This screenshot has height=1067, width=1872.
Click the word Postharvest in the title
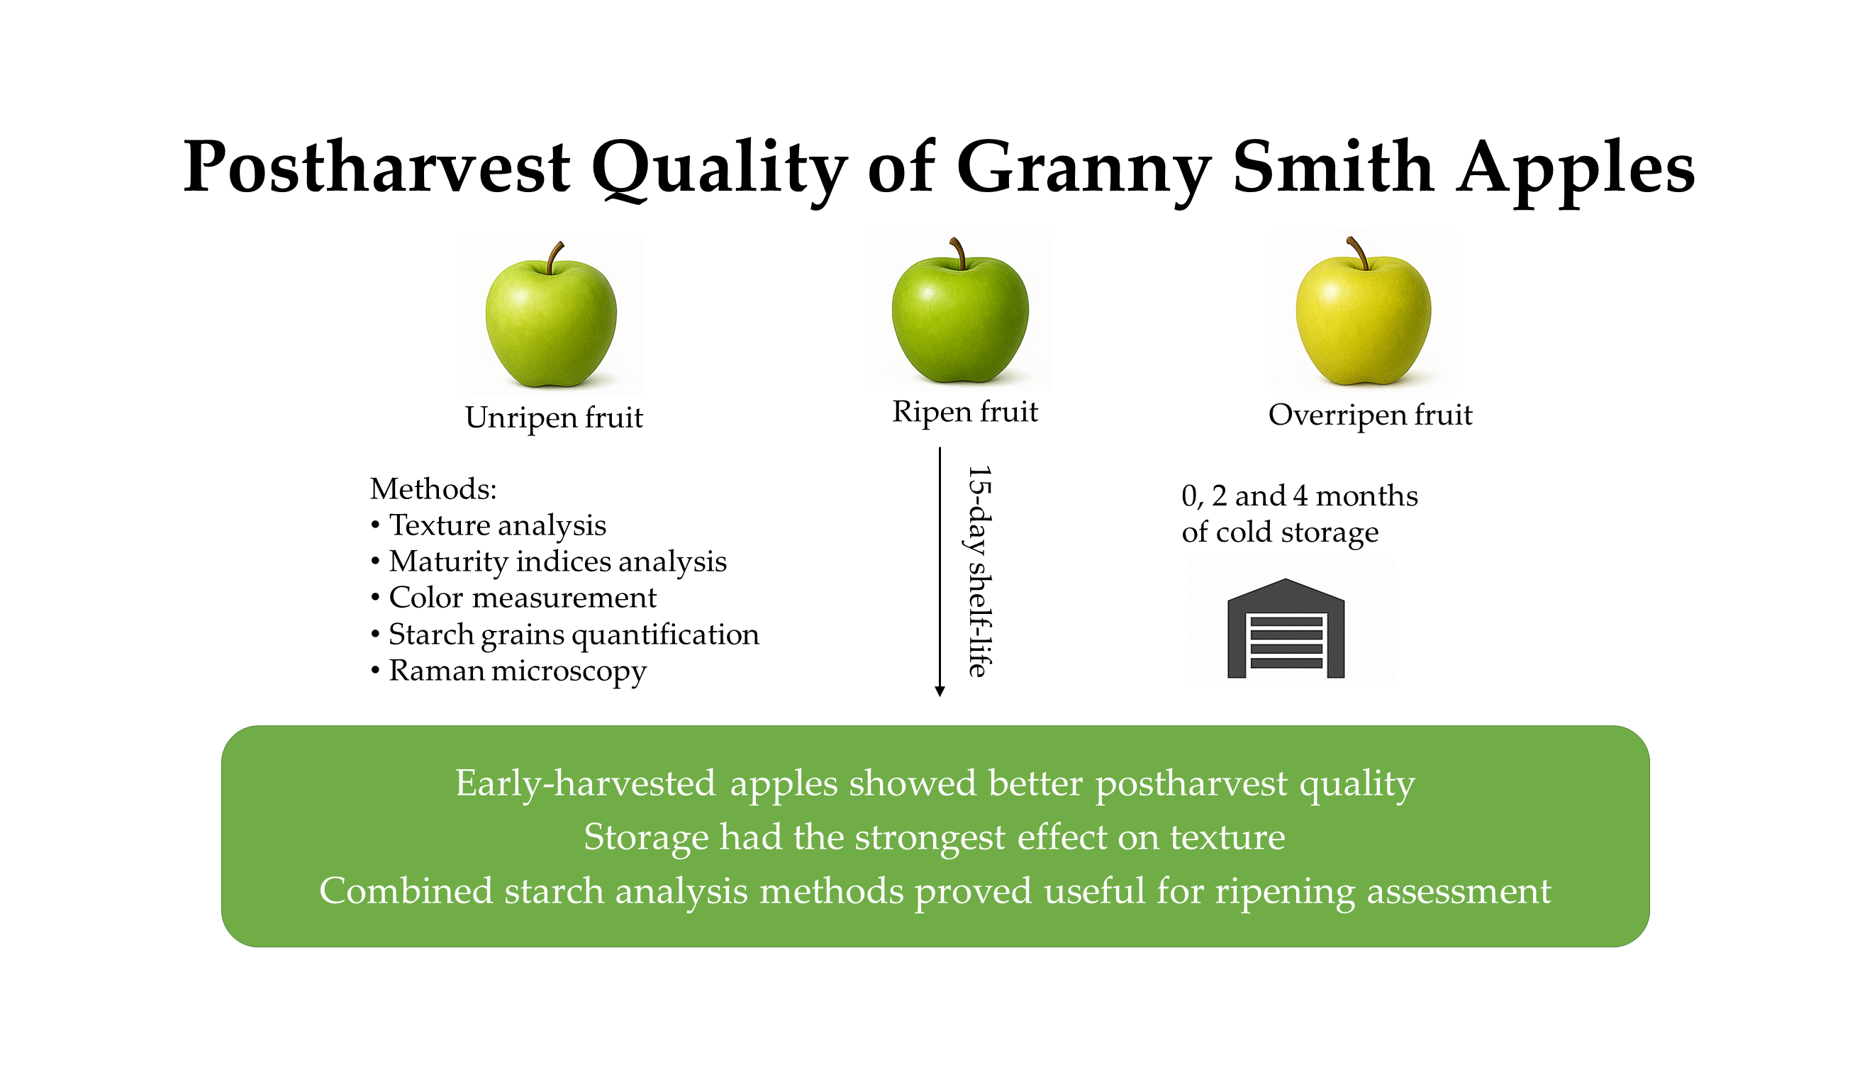[376, 168]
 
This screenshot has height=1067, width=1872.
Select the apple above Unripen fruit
[551, 315]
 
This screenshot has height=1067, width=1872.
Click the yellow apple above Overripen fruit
[1364, 311]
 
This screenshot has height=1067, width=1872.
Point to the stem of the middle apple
[957, 253]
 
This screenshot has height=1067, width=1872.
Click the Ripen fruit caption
[964, 413]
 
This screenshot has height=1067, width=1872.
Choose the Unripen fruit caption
[554, 418]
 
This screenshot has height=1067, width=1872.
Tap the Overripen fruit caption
[1370, 415]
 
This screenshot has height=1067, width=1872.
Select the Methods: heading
[433, 488]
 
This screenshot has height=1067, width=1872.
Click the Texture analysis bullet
[489, 525]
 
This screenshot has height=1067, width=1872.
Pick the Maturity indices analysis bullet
[549, 562]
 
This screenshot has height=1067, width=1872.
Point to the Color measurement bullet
[514, 597]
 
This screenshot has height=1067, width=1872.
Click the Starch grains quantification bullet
[565, 634]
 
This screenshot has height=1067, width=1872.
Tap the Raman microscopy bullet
[508, 671]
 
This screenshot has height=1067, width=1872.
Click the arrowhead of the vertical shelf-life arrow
[940, 691]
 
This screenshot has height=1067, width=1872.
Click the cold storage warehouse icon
[1286, 628]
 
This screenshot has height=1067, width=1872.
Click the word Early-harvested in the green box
[586, 783]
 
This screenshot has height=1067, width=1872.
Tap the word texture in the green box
[1227, 837]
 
